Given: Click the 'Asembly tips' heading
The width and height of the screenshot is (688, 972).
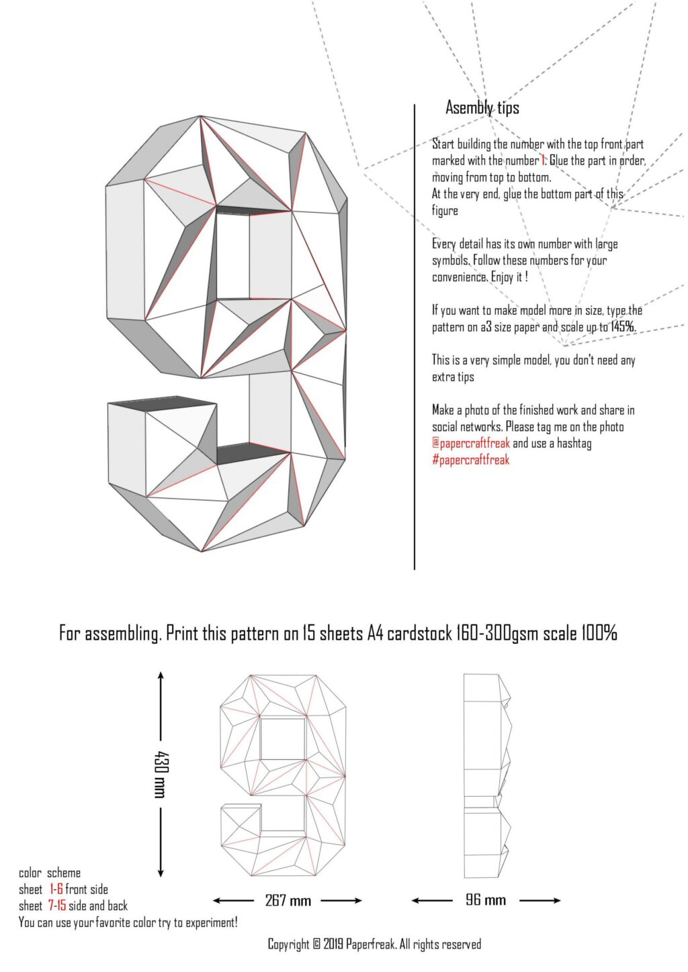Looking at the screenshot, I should [482, 107].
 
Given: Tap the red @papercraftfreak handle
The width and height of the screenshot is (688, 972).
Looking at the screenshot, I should [470, 443].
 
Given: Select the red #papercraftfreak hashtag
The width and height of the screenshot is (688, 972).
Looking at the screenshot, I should [470, 460].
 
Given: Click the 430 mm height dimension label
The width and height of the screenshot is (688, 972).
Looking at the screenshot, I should [160, 774].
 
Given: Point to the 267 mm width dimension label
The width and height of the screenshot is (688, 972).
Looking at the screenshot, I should [288, 900].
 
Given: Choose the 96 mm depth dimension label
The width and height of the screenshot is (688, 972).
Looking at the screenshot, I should [486, 900].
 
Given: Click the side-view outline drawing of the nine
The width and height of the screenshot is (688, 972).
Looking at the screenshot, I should [486, 775].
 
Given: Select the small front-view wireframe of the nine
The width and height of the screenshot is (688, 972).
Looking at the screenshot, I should [283, 775].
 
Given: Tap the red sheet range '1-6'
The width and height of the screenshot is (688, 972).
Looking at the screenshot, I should [56, 889].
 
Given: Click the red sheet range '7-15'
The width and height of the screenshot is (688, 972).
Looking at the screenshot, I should [56, 906].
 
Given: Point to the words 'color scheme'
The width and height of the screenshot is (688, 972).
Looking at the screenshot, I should [50, 873].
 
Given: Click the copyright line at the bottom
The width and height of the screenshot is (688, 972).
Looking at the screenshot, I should [374, 944].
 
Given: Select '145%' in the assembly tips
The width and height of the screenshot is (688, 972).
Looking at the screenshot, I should [623, 327].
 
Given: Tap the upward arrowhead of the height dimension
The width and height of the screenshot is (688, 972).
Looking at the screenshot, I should [160, 675].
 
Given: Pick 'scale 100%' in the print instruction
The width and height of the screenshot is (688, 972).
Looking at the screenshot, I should [580, 632].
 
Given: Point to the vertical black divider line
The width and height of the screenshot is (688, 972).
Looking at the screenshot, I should [415, 336].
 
